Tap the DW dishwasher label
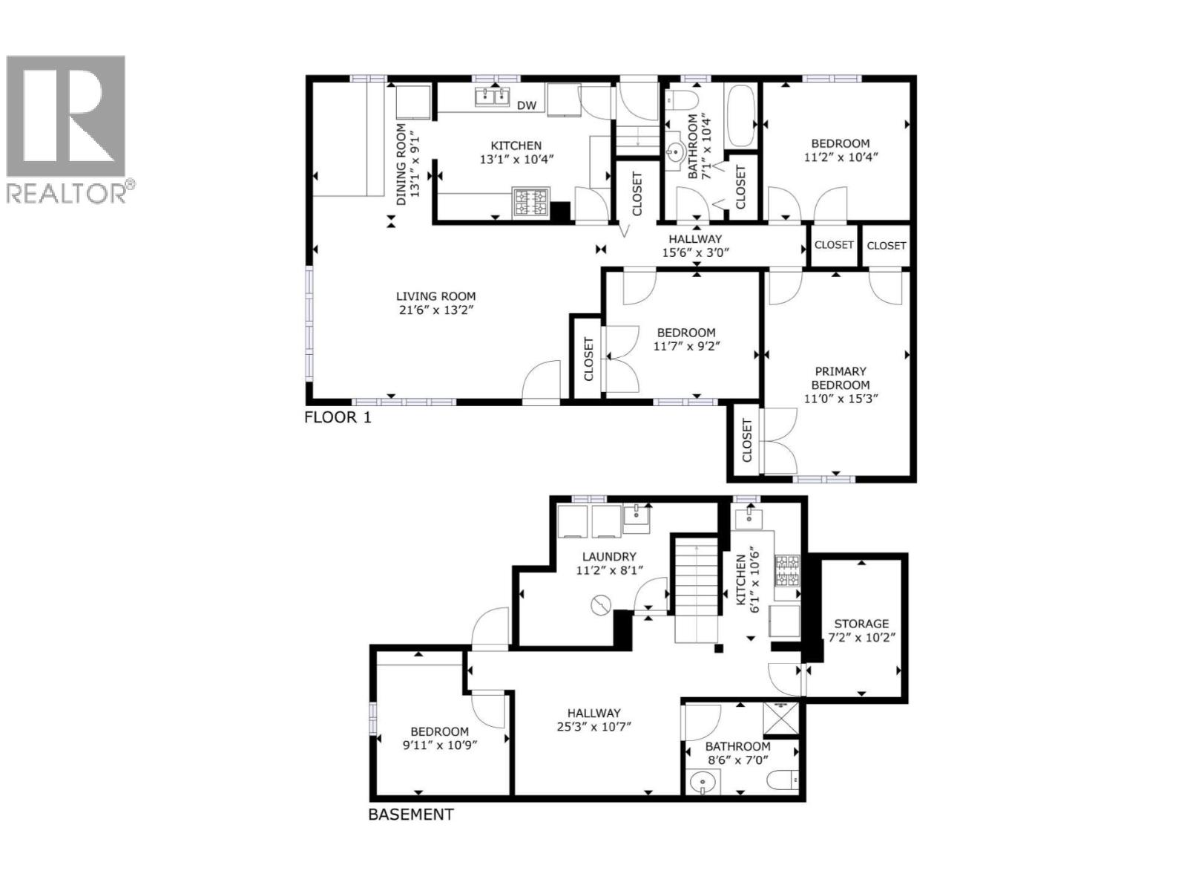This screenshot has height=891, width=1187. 527,105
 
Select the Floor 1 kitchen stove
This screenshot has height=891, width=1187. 531,202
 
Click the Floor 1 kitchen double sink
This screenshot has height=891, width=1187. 492,96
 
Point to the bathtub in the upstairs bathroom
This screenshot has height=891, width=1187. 741,117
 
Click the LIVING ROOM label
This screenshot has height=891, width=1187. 435,296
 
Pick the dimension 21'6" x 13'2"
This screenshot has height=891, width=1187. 435,310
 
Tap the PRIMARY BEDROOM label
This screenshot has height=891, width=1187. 841,378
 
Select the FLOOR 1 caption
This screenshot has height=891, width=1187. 338,417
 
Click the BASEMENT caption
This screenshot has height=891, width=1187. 411,815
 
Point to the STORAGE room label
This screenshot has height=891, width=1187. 861,624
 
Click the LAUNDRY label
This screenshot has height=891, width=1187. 609,556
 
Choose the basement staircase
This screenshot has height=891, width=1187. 697,590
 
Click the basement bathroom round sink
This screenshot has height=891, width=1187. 703,783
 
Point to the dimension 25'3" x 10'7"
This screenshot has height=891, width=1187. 593,726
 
